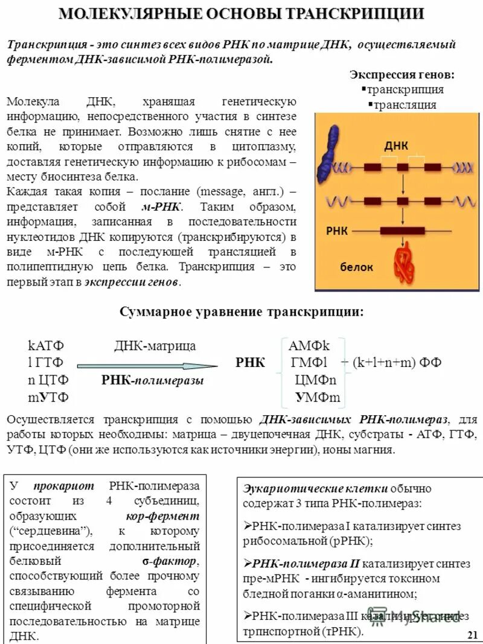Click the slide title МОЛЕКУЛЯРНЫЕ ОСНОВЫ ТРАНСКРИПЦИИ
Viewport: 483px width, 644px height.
coord(241,14)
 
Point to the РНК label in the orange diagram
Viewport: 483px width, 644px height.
coord(337,230)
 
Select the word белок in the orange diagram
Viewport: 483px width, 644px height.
coord(356,267)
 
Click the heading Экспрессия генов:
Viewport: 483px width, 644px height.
coord(402,75)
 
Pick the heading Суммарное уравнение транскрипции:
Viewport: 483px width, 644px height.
coord(242,312)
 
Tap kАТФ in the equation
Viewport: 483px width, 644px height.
coord(46,346)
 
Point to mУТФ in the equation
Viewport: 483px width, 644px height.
coord(48,397)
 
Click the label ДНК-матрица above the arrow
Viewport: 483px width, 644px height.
coord(155,346)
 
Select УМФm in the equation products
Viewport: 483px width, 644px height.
coord(318,397)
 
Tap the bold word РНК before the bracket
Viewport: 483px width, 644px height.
coord(250,363)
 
